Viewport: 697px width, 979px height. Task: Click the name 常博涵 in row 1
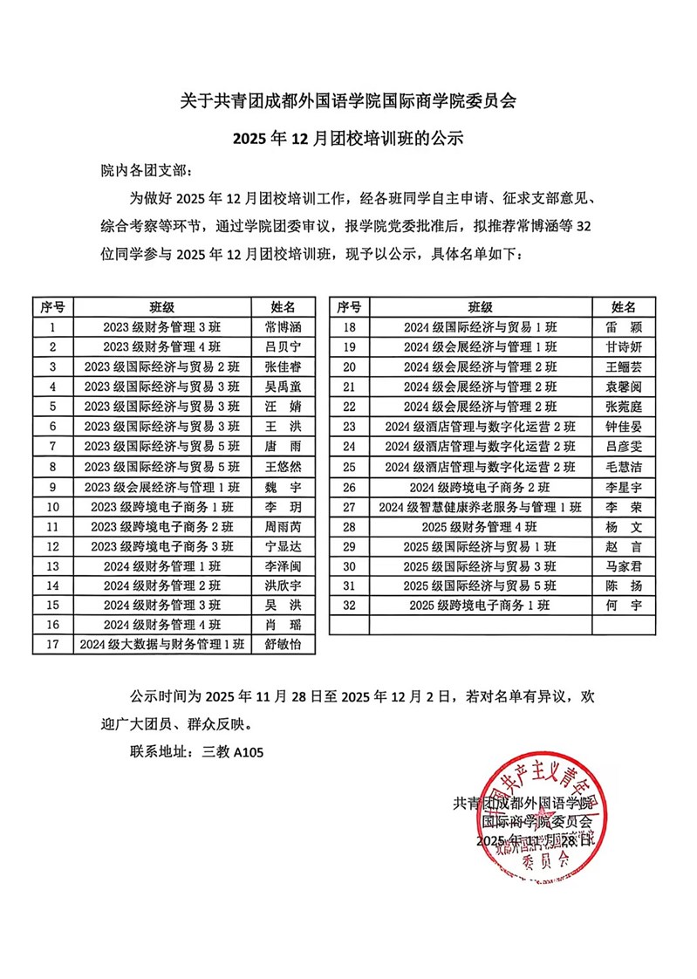282,328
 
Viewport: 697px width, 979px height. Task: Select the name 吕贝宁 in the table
282,347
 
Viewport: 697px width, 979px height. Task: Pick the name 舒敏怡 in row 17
282,645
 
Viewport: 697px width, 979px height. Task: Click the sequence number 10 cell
53,507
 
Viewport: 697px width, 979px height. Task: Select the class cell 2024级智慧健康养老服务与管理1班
479,507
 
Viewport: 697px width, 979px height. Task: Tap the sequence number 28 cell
350,527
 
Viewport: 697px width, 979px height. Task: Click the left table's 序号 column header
53,307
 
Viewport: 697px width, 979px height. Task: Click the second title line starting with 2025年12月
348,137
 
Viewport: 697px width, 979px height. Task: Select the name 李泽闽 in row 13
282,566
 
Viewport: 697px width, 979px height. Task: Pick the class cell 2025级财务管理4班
479,527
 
